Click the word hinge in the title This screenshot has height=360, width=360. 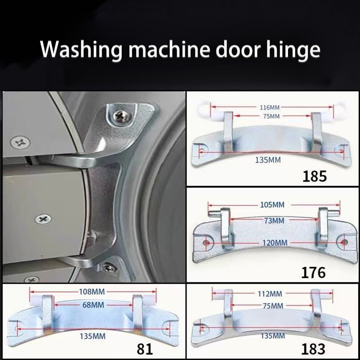coord(293,50)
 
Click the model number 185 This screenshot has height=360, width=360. coord(314,177)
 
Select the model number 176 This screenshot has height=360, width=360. coord(313,272)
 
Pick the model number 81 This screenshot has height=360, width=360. coord(145,349)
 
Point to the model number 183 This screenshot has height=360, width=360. coord(313,349)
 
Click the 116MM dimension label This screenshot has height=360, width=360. coord(269,107)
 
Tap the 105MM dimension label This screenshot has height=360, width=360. coord(272,204)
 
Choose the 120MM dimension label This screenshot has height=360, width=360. coord(275,243)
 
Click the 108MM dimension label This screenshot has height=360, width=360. coord(92,292)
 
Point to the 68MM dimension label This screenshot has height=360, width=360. coord(93,305)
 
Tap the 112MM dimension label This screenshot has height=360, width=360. coord(270,294)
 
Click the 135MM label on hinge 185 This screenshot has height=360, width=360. coord(268,160)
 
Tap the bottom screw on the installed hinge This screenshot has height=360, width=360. coord(107,267)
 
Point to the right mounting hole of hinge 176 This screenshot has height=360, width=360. coord(344,242)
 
